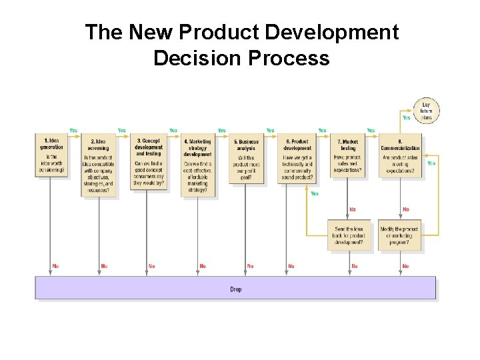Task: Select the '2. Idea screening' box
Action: (99, 166)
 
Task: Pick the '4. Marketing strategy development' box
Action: (197, 166)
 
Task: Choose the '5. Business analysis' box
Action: (246, 159)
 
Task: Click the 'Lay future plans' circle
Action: (427, 111)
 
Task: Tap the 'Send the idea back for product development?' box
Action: (349, 235)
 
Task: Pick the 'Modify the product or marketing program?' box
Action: (401, 235)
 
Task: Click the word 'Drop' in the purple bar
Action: (236, 289)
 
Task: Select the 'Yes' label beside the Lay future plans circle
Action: (406, 117)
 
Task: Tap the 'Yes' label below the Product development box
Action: (315, 193)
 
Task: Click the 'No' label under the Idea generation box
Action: (55, 266)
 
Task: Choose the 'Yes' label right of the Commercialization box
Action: (431, 163)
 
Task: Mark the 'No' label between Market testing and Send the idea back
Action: (353, 209)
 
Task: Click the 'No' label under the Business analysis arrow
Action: (250, 266)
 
